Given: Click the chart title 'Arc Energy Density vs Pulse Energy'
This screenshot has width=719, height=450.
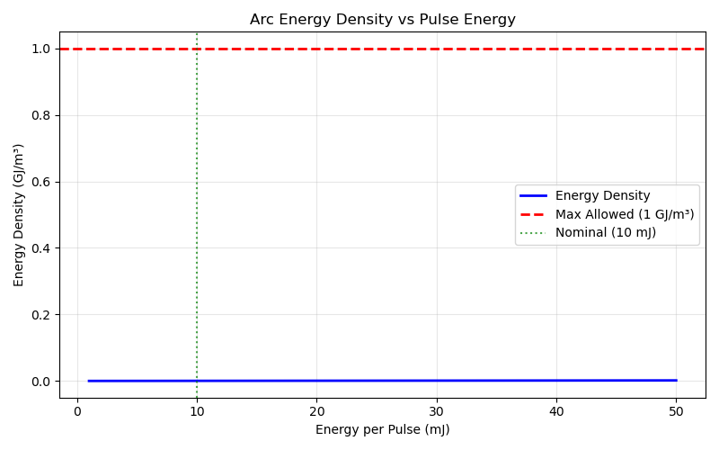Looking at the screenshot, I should click(x=382, y=19).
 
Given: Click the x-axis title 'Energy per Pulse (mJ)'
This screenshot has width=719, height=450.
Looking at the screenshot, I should click(x=382, y=429).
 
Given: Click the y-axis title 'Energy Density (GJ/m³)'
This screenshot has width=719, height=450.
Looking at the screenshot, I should click(x=19, y=214).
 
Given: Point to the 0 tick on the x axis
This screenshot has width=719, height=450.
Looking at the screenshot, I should click(x=77, y=410).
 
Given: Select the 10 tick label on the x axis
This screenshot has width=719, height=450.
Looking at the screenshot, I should click(x=197, y=410).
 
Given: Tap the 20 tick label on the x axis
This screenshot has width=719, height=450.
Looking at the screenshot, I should click(x=316, y=410).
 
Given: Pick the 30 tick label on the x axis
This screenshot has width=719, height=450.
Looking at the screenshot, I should click(x=436, y=410).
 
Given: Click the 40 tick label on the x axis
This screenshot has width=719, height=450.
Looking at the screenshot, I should click(x=555, y=410).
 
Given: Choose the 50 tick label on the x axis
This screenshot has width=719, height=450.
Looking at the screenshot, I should click(x=676, y=410).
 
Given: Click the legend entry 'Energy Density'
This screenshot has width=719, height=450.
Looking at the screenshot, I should click(x=602, y=196).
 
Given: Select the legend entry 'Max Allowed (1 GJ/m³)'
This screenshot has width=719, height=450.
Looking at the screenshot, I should click(x=625, y=214).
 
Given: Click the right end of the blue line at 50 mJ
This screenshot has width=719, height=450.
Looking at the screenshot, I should click(x=676, y=380).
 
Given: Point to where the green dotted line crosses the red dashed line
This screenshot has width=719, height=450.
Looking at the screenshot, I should click(x=197, y=49).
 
